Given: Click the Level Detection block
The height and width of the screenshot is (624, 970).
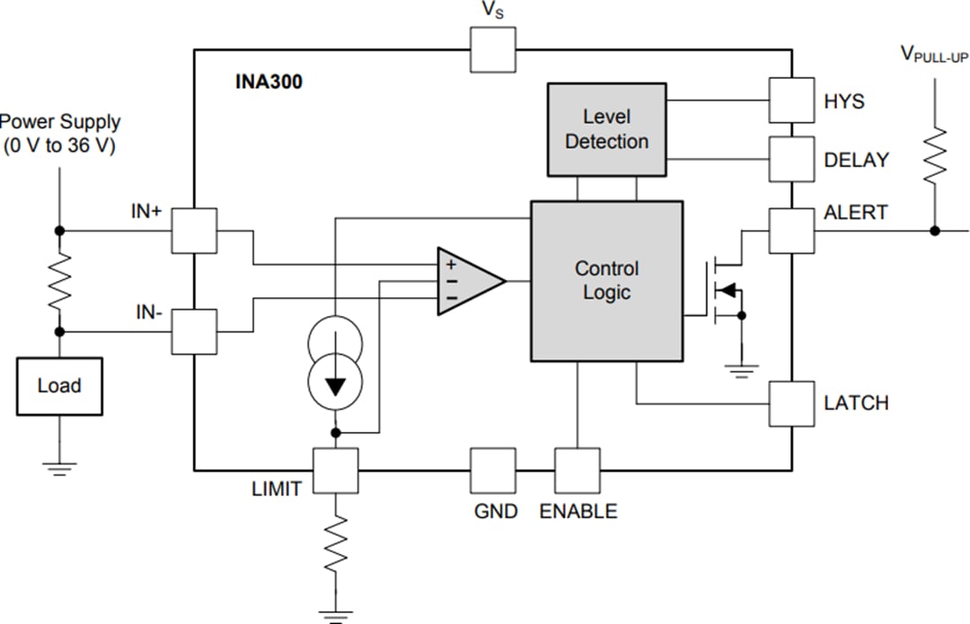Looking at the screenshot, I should [x=607, y=129].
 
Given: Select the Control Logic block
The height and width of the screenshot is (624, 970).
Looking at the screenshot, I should [x=607, y=280].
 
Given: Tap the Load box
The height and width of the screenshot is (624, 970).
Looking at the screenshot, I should [x=59, y=386].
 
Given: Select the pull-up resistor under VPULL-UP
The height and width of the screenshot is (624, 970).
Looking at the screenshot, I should [x=935, y=155].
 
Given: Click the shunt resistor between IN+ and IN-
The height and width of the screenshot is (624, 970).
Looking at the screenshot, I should [x=59, y=281].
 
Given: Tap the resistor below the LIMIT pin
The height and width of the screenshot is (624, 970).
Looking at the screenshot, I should [x=335, y=544].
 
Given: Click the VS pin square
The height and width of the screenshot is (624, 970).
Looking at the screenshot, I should [x=493, y=49].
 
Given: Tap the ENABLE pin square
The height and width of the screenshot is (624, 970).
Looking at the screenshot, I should [x=577, y=470].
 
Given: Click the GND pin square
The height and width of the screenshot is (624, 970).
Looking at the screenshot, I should [x=493, y=470].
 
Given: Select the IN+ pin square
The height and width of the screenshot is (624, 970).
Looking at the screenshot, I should [x=195, y=231].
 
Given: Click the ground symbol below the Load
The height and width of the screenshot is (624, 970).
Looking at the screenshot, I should [x=59, y=468].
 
